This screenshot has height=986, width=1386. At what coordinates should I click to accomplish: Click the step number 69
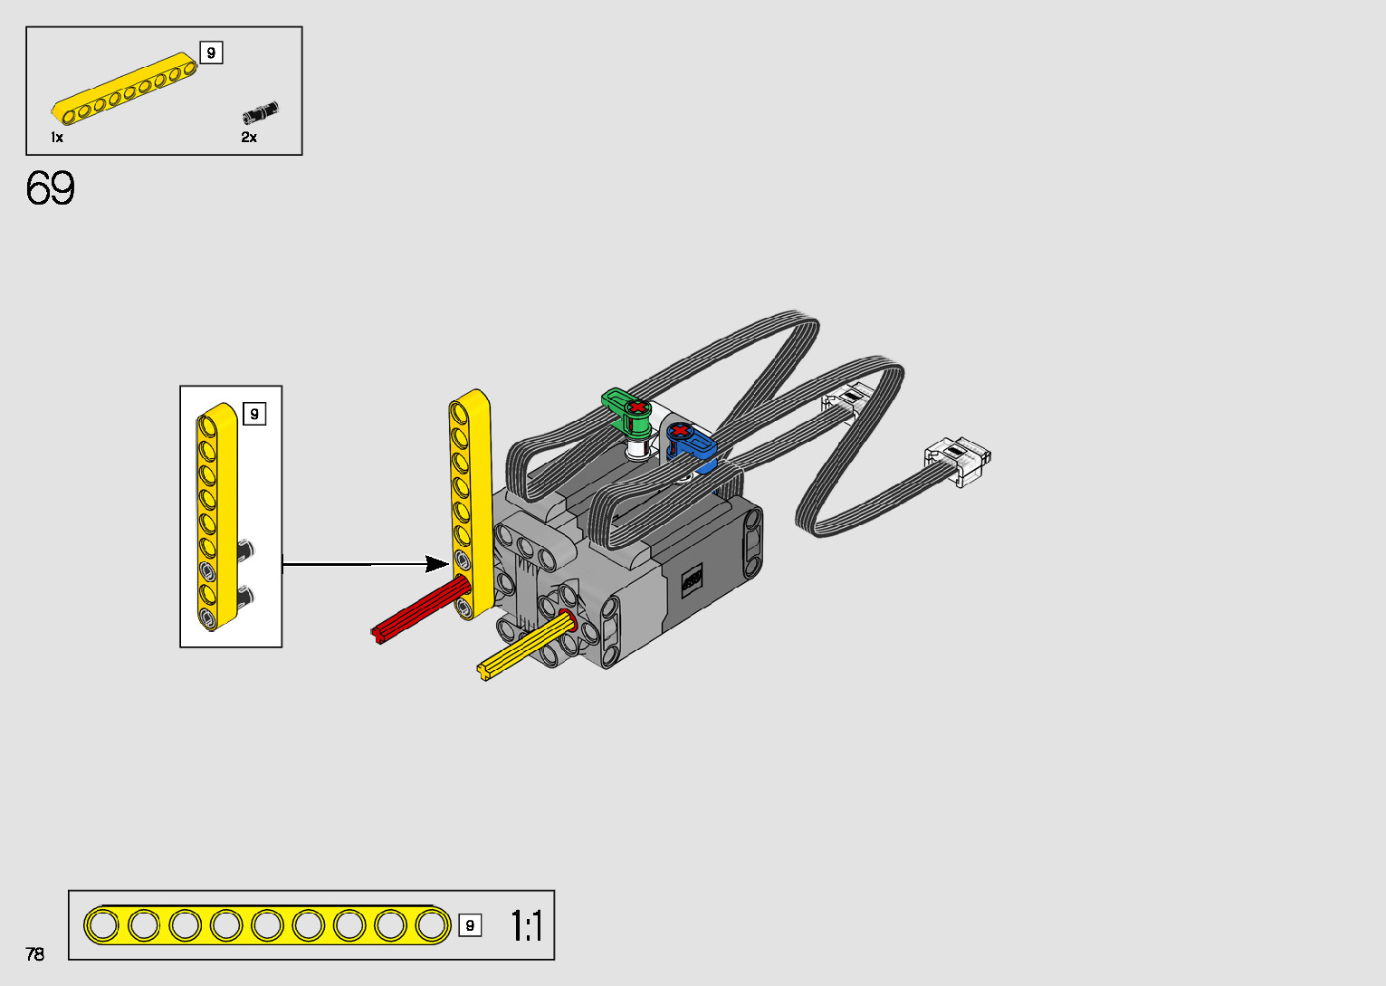click(x=50, y=188)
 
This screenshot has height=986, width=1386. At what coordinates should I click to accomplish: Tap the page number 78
click(x=35, y=953)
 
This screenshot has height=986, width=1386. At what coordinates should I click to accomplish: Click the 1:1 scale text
click(x=527, y=925)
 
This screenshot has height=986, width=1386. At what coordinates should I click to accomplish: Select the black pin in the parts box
click(x=261, y=112)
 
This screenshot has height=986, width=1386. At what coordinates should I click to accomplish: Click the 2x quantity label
click(x=249, y=138)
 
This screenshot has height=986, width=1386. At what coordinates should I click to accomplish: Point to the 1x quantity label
click(x=57, y=138)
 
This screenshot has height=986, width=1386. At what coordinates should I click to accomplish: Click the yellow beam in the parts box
click(x=124, y=88)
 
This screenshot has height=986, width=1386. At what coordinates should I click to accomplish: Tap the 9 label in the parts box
click(x=211, y=53)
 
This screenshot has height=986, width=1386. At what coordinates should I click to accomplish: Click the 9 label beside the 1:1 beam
click(x=470, y=925)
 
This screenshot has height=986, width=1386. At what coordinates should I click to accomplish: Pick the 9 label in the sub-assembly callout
click(x=254, y=414)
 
